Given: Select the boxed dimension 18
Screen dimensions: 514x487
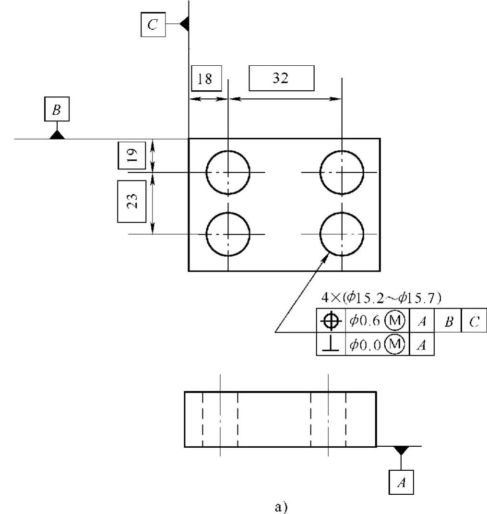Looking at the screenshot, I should [x=206, y=78].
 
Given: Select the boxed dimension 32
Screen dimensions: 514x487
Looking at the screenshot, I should [x=281, y=78].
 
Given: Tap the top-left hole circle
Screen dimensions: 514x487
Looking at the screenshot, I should [x=228, y=172].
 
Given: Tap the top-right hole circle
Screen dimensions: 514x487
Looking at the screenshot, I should [x=342, y=172].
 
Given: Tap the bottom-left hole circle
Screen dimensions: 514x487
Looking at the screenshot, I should [x=228, y=234].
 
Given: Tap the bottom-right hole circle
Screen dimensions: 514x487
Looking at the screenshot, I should [x=342, y=234].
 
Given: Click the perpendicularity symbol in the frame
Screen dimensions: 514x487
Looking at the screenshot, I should [x=331, y=345].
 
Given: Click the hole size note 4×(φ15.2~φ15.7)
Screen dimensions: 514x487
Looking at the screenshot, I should [x=381, y=298].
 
